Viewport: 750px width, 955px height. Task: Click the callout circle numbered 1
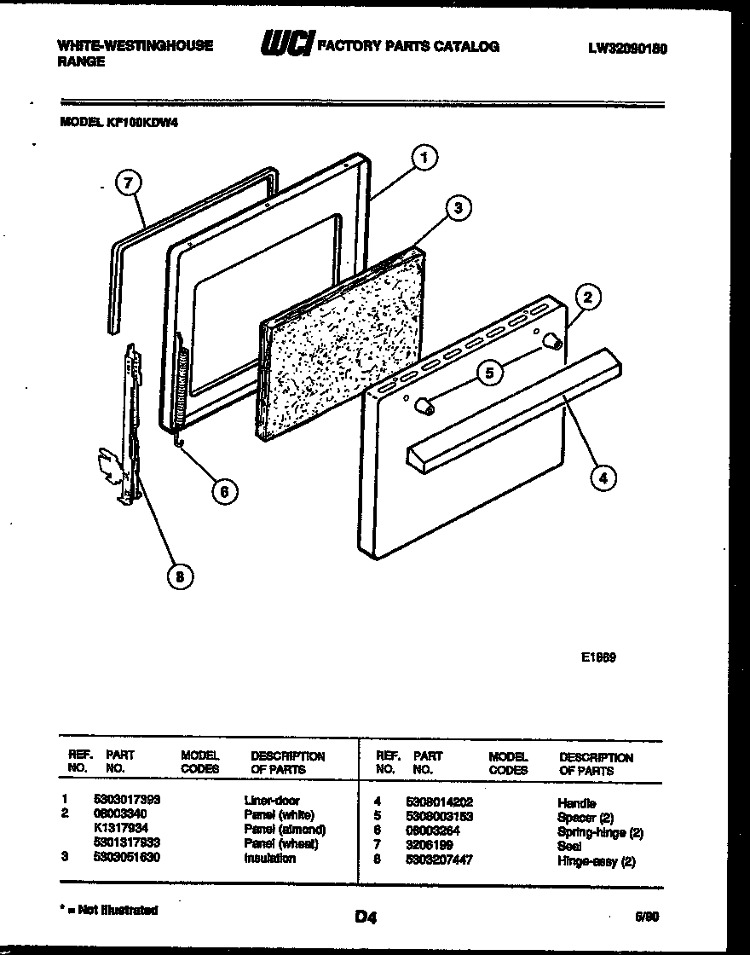coord(424,156)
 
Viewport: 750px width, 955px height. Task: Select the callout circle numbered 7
coord(127,182)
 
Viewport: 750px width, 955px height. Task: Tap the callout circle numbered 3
coord(458,207)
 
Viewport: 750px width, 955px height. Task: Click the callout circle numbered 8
coord(178,577)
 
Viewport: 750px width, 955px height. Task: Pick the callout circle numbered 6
coord(224,491)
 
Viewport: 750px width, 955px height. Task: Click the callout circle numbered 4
coord(603,478)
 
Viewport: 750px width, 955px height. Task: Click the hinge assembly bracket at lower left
coord(122,426)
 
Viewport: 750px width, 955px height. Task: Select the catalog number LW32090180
coord(626,49)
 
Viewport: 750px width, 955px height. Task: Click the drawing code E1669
coord(599,657)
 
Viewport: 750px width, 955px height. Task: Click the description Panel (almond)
coord(285,830)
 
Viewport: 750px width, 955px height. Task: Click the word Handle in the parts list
coord(577,802)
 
